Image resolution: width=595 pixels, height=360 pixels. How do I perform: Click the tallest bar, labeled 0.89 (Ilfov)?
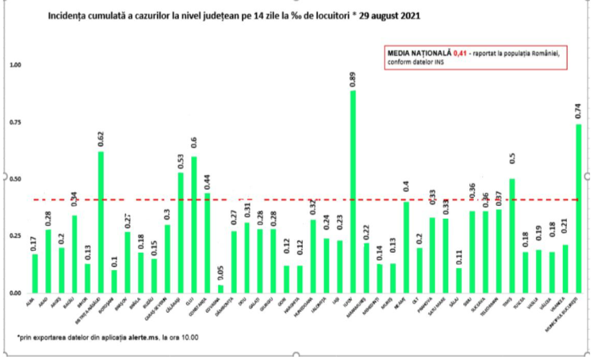tap(353, 193)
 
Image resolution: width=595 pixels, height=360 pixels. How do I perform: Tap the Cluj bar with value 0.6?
tap(194, 225)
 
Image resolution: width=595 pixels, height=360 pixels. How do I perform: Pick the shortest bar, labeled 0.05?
tap(221, 289)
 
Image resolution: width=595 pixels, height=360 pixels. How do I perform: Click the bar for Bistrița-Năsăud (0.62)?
tap(100, 222)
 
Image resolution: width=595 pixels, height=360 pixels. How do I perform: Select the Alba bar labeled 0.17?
tap(35, 273)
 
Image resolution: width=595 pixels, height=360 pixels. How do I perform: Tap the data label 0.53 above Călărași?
tap(180, 159)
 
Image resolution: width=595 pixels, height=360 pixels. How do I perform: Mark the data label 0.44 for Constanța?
tap(207, 180)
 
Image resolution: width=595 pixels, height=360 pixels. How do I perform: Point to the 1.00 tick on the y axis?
tap(15, 65)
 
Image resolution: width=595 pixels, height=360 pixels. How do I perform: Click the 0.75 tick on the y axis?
tap(15, 123)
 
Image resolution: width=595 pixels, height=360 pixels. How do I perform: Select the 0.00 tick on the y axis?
tap(15, 293)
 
